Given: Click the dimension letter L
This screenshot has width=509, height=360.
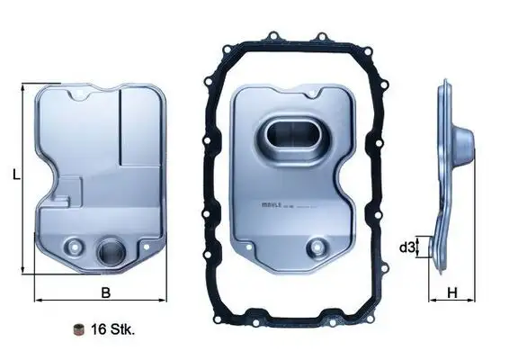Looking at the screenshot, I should [x=17, y=177].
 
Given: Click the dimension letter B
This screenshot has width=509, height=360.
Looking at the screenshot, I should [x=104, y=292].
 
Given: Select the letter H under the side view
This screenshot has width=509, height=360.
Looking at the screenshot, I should [x=452, y=292].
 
